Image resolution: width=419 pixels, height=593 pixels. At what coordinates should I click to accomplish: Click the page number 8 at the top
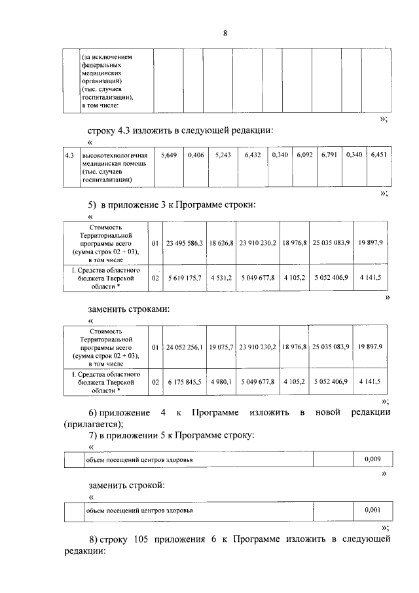point(225,33)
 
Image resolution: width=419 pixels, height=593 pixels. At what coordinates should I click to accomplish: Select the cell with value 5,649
point(169,155)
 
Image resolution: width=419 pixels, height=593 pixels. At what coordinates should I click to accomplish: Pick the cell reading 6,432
point(252,155)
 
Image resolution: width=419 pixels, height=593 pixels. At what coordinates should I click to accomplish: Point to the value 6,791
point(329,155)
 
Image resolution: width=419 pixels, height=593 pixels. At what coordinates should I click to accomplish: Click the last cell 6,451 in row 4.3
point(378,155)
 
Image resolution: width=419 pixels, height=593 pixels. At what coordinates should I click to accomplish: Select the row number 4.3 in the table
point(69,155)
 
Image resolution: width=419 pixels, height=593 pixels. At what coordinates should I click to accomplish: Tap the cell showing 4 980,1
point(222,381)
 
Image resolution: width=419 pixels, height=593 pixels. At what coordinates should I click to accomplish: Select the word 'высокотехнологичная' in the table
point(109,155)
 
